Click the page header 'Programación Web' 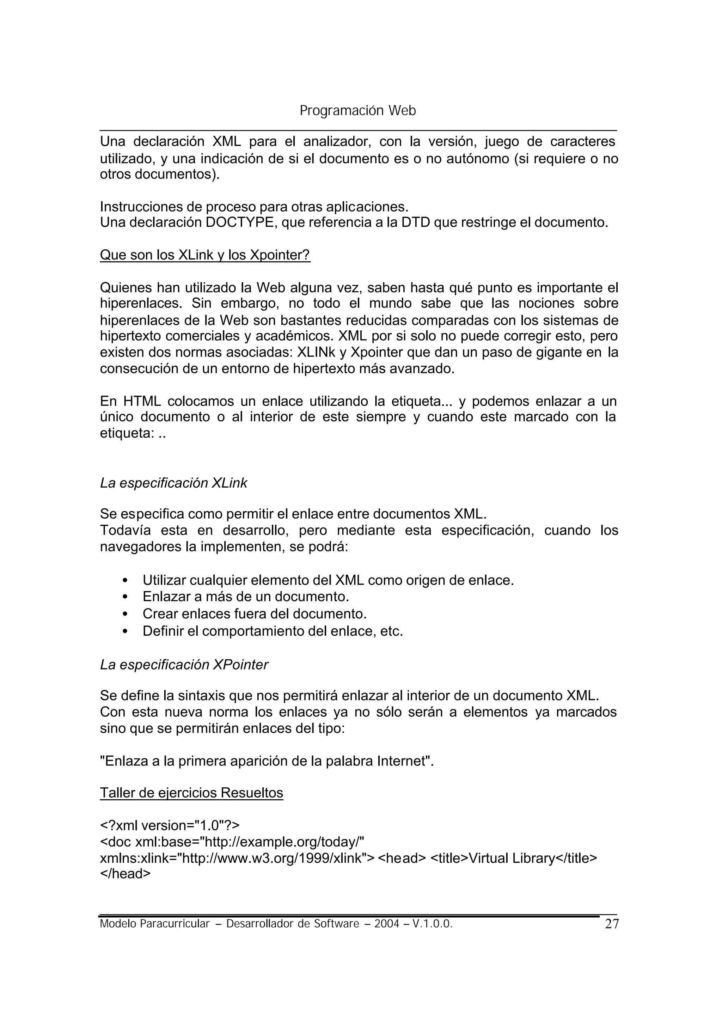coord(357,111)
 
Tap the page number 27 coord(612,924)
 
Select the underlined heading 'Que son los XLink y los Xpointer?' coord(205,255)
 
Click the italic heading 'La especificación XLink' coord(173,483)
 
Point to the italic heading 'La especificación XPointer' coord(184,664)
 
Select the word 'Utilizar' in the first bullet coord(164,580)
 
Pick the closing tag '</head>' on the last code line coord(126,874)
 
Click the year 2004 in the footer coord(387,924)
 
